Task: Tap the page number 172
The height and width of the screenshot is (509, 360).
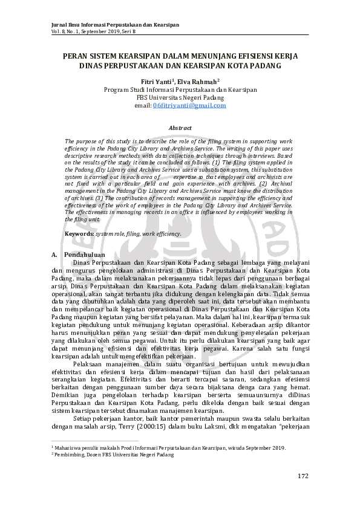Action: (x=303, y=476)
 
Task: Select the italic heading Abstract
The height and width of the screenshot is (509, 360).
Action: (x=180, y=128)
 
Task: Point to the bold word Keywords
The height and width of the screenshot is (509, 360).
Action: (x=79, y=233)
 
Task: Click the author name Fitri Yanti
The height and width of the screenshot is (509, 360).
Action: (x=155, y=82)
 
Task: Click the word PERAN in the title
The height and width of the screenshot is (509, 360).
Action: (x=76, y=55)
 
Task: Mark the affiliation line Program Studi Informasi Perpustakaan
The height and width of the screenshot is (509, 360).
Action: (x=180, y=89)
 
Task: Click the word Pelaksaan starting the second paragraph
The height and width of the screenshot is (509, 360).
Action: (x=88, y=364)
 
